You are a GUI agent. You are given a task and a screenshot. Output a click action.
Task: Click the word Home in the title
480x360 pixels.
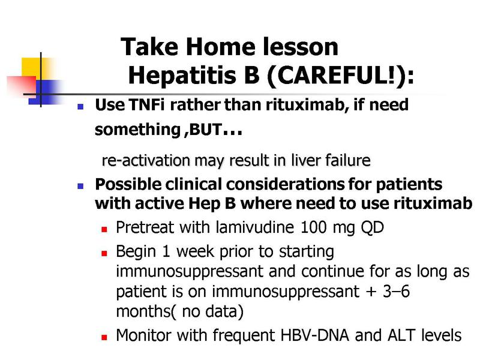pos(220,47)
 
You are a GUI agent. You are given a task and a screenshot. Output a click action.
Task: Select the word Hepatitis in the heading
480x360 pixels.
pos(182,76)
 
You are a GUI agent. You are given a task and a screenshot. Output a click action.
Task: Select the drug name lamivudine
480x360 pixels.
pos(254,227)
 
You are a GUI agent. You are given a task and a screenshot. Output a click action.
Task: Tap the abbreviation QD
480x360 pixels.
pos(372,228)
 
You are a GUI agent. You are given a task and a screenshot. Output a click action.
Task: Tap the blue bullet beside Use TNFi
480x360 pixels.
pos(80,107)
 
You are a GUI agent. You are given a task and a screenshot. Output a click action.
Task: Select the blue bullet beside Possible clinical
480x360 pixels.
pos(80,186)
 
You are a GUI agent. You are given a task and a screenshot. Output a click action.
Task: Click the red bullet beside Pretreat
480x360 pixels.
pos(104,229)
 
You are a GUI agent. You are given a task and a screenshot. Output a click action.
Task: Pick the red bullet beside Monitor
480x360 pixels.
pos(104,337)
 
